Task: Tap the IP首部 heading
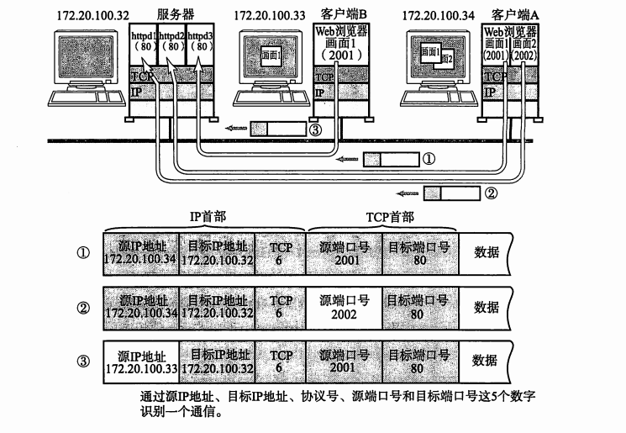(x=204, y=217)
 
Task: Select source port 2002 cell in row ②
(x=344, y=307)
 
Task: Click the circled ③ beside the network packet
(x=315, y=130)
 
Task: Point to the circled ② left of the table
(x=82, y=308)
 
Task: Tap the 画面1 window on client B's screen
(x=271, y=55)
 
